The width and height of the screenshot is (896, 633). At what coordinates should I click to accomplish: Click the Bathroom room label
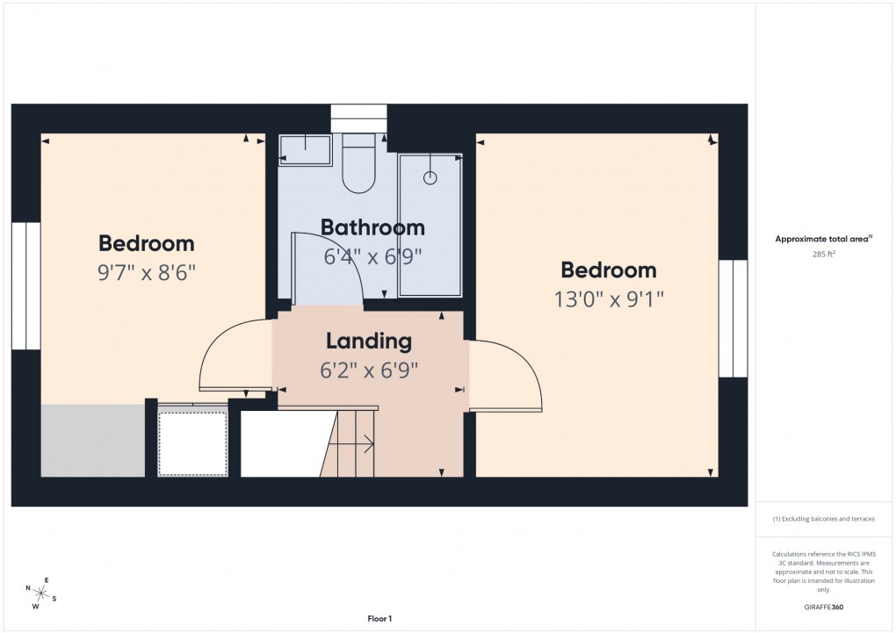[x=372, y=227]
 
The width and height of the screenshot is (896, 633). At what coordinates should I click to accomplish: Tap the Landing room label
[x=369, y=341]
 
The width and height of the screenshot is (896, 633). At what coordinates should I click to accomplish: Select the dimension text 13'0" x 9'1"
[x=609, y=299]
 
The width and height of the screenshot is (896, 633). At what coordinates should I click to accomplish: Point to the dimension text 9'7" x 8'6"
[x=146, y=272]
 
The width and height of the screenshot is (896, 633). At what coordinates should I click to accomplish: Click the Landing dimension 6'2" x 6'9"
[x=369, y=370]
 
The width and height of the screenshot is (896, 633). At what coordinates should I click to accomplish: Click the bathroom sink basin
[x=305, y=149]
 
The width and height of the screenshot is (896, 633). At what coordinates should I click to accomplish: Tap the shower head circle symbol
[x=430, y=178]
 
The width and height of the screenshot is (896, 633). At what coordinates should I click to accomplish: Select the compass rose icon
[x=40, y=592]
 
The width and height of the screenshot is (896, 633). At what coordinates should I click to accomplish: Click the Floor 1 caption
[x=379, y=619]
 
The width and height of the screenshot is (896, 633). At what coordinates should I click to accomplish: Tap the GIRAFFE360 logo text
[x=823, y=607]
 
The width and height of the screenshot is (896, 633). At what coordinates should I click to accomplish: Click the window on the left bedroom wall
[x=25, y=285]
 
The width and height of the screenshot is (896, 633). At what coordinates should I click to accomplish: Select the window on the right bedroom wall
[x=733, y=318]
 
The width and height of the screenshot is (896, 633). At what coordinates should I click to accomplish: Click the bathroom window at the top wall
[x=358, y=118]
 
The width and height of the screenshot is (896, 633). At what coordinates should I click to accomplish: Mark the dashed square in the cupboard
[x=192, y=443]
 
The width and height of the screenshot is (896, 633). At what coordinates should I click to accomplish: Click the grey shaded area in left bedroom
[x=92, y=440]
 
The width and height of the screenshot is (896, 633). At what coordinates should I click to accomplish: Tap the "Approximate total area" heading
[x=823, y=239]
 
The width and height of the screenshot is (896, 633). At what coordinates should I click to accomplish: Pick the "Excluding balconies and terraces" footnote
[x=823, y=519]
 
